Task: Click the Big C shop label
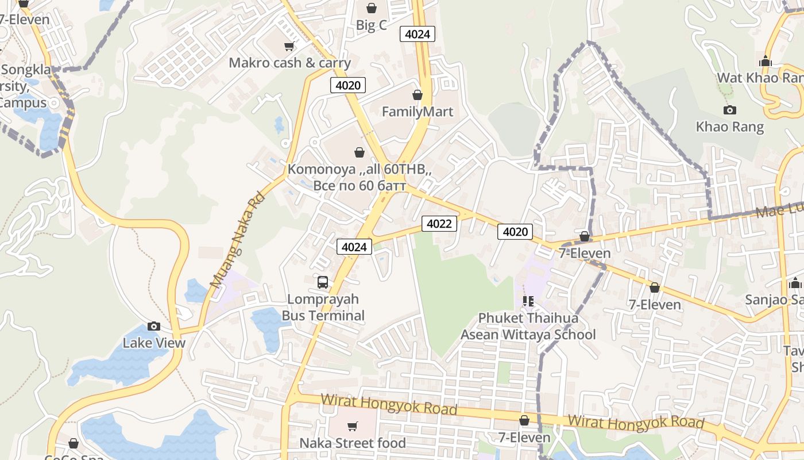pyautogui.click(x=372, y=25)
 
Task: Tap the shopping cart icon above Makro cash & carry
pyautogui.click(x=289, y=46)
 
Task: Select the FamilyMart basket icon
pyautogui.click(x=418, y=95)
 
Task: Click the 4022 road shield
pyautogui.click(x=439, y=224)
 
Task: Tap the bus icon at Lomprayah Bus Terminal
pyautogui.click(x=323, y=282)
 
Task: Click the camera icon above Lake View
pyautogui.click(x=153, y=327)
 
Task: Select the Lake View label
pyautogui.click(x=154, y=343)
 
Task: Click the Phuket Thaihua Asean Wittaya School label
pyautogui.click(x=528, y=326)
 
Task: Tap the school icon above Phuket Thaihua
pyautogui.click(x=528, y=301)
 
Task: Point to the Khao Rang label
pyautogui.click(x=730, y=127)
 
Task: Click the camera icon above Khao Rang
pyautogui.click(x=730, y=110)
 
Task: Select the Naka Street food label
pyautogui.click(x=353, y=443)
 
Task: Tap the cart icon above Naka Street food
pyautogui.click(x=352, y=426)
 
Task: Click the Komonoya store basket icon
pyautogui.click(x=360, y=152)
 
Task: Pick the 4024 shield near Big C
pyautogui.click(x=417, y=34)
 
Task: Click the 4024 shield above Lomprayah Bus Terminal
pyautogui.click(x=354, y=247)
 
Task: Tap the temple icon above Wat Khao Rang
pyautogui.click(x=765, y=62)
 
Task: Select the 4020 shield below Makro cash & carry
pyautogui.click(x=348, y=86)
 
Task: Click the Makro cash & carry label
pyautogui.click(x=289, y=63)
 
